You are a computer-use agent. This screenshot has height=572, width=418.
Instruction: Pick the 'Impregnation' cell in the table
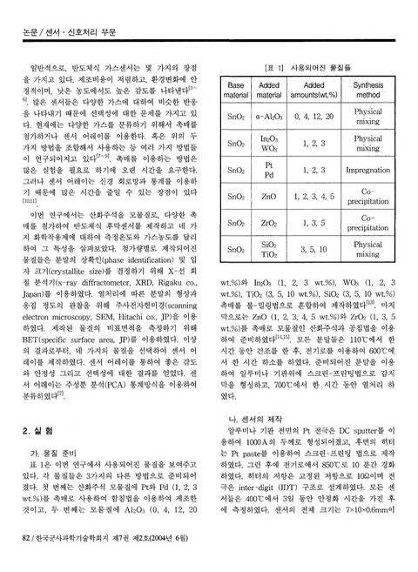[x=370, y=171]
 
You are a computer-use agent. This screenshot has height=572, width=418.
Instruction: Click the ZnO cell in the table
[x=268, y=198]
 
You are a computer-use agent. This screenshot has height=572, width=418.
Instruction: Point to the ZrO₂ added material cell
[x=268, y=223]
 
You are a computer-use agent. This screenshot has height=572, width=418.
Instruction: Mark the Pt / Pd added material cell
[x=268, y=171]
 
